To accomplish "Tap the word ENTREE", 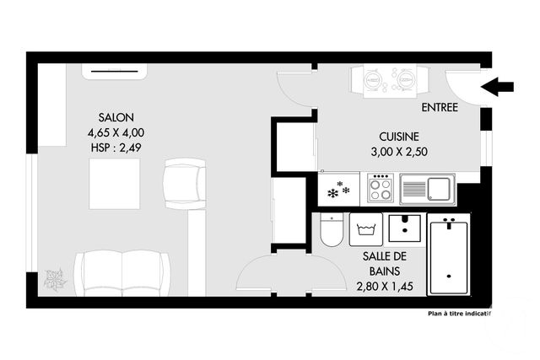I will click(439, 108).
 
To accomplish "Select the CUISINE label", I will click(399, 136).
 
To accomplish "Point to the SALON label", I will click(116, 118).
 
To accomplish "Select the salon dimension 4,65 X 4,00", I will click(116, 132).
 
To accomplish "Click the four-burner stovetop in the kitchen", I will click(381, 189).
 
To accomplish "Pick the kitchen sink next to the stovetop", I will click(427, 189).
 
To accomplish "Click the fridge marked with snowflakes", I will click(339, 189).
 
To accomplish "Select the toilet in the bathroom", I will click(332, 230).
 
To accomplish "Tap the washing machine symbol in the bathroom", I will click(366, 228).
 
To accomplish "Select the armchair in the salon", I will click(185, 183).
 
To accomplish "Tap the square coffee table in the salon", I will click(114, 182).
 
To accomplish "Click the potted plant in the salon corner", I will click(56, 279).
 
